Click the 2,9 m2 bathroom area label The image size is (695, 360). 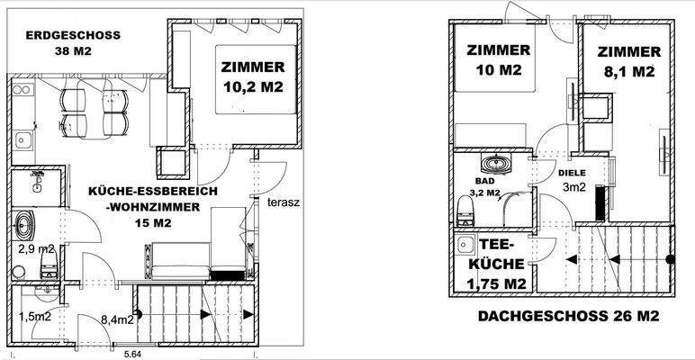coord(37,247)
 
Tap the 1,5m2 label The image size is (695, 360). coord(36,317)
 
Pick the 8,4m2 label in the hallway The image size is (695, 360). coord(117,318)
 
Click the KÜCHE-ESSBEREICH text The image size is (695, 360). coord(148,192)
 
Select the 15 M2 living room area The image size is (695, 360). coord(148,224)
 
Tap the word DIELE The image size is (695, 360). coord(572,173)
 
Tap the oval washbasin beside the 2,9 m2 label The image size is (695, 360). coord(25,222)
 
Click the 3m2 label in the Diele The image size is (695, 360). coord(574,187)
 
